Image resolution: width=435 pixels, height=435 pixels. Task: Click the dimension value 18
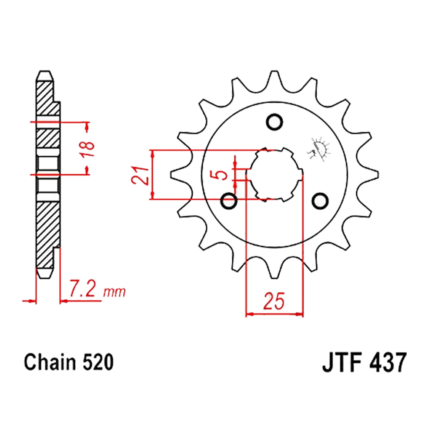click(88, 149)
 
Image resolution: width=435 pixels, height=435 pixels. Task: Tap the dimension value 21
click(141, 175)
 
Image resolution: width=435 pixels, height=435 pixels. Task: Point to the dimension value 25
click(274, 301)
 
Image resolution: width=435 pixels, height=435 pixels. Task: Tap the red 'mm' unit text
click(114, 292)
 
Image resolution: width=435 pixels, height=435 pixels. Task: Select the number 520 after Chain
click(98, 362)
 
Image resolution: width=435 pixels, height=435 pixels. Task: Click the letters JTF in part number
click(343, 362)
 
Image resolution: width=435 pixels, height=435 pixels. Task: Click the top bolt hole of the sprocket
click(274, 122)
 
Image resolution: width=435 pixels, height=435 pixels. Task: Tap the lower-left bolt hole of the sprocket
click(229, 201)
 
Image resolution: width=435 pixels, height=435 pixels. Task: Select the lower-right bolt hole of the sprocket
click(320, 201)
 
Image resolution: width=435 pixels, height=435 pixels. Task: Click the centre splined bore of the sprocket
click(274, 174)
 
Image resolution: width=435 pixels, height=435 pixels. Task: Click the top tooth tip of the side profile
click(45, 71)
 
